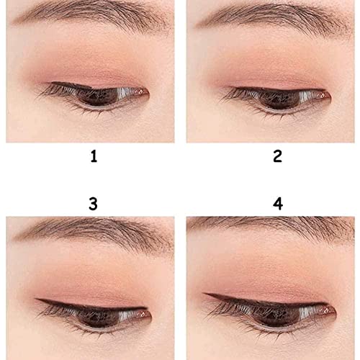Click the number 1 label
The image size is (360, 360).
[93, 156]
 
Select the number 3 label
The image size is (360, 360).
[93, 203]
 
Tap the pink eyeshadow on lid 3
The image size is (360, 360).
[94, 284]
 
